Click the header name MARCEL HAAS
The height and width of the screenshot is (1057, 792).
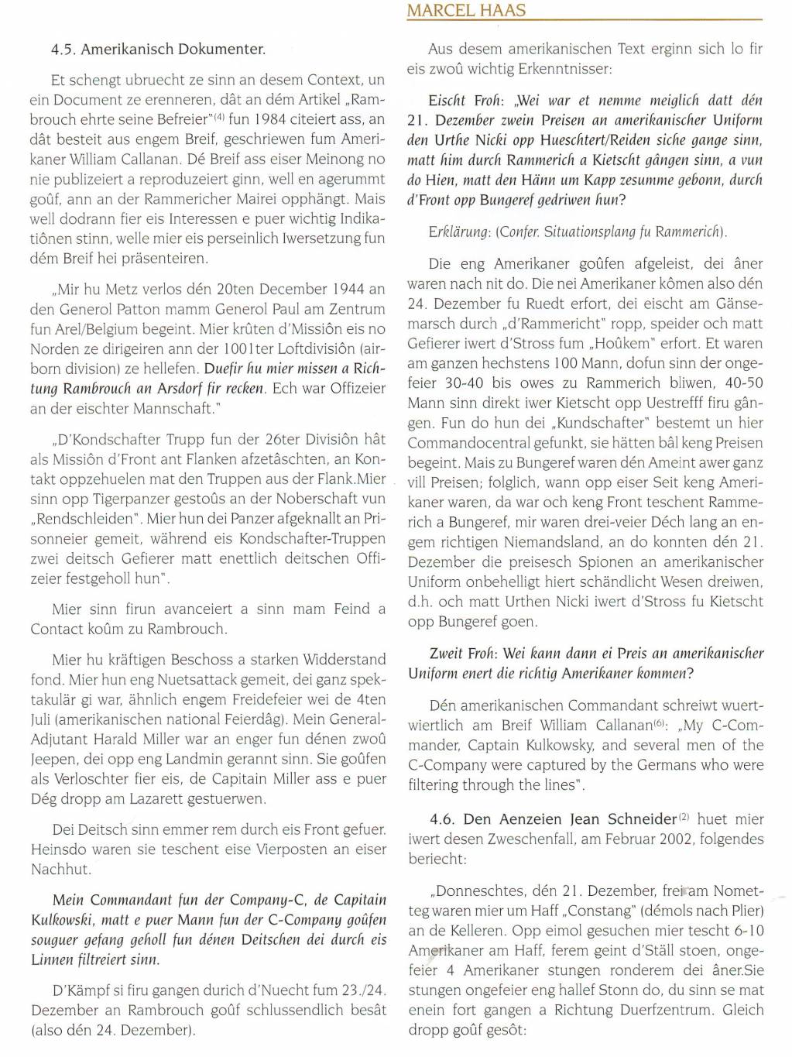tap(455, 10)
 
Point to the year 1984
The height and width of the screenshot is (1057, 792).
tap(271, 119)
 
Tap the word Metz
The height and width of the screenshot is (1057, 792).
tap(113, 289)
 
